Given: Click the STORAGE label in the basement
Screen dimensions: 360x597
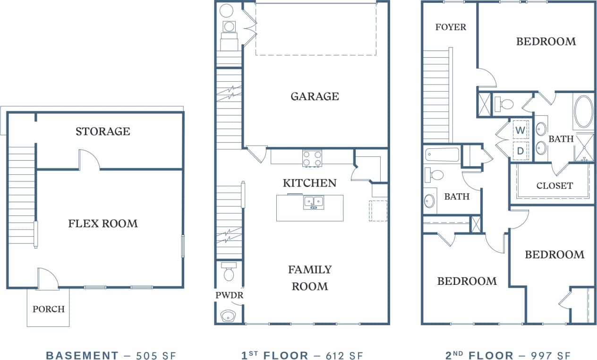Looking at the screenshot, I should coord(102,131).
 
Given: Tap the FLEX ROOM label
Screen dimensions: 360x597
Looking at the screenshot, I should coord(103,223).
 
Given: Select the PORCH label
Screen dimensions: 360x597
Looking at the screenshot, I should coord(48,309).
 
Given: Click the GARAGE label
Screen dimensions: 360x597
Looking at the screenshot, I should coord(315,96).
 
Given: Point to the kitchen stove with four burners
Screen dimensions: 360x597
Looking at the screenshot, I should coord(312,158).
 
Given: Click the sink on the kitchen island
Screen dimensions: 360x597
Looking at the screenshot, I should coord(314,202).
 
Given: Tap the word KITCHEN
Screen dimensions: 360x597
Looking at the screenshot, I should coord(310,183).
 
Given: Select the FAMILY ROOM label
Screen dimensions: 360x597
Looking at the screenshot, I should coord(310,278).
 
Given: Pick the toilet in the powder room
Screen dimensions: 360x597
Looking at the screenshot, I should coord(229,273).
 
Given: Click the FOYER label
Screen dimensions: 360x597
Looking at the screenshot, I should coord(451,27).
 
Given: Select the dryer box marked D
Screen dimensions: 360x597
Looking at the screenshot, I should coord(520,151).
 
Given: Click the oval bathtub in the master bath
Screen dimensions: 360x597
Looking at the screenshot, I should coord(584,112).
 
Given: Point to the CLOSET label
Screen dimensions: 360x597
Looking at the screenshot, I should coord(554,186).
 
